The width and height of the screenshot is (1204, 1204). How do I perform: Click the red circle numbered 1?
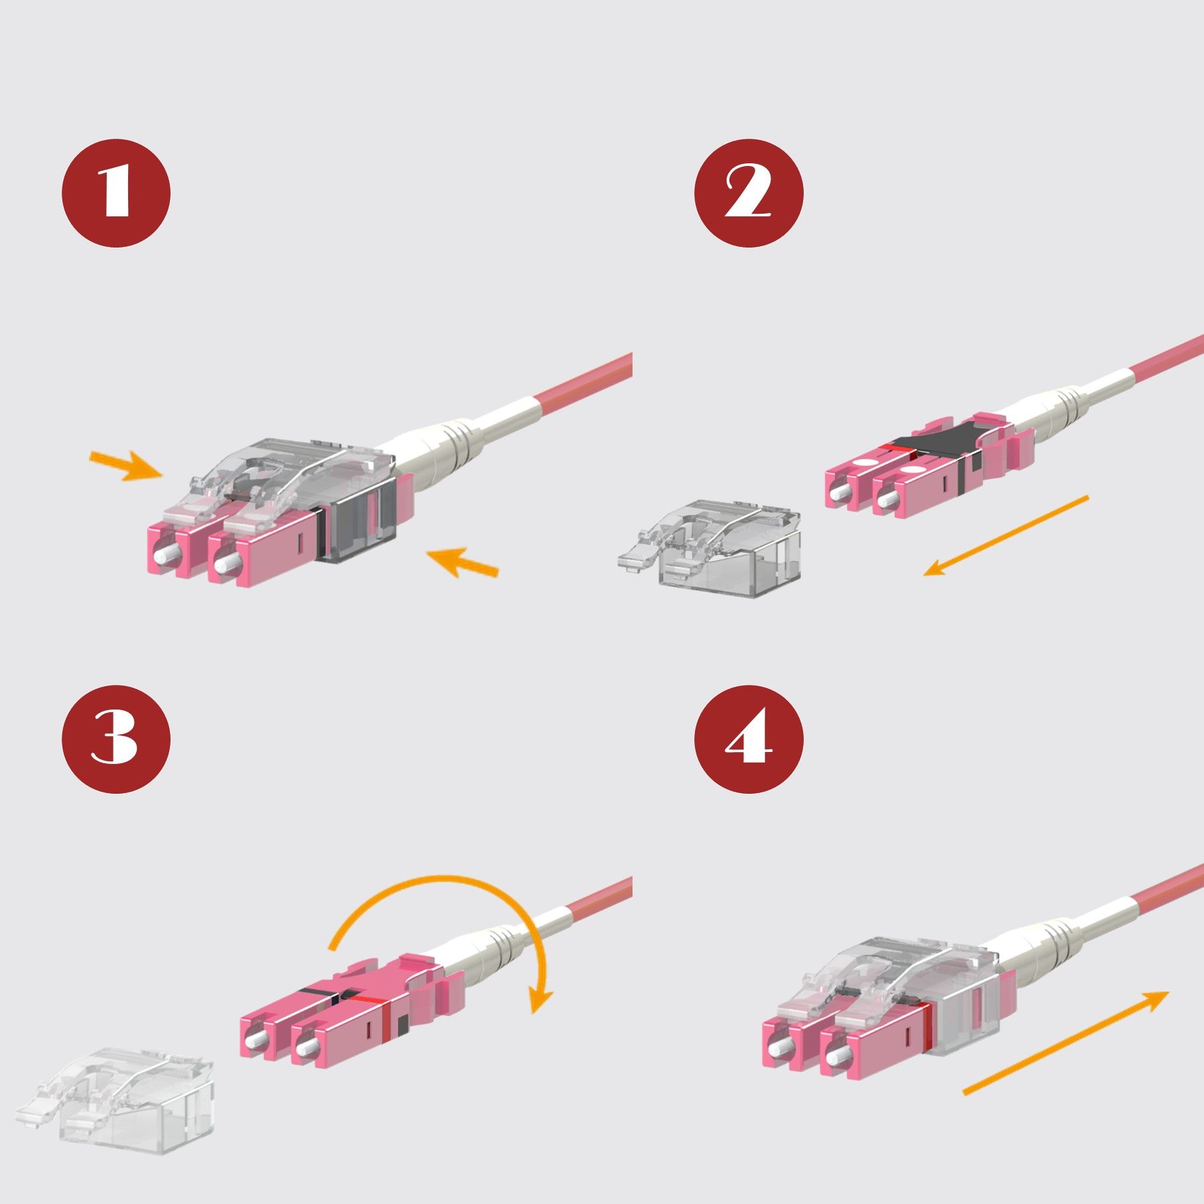click(x=116, y=193)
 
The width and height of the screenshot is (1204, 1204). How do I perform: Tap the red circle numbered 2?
click(x=749, y=193)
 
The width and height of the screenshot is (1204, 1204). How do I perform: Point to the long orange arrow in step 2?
click(x=1006, y=535)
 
